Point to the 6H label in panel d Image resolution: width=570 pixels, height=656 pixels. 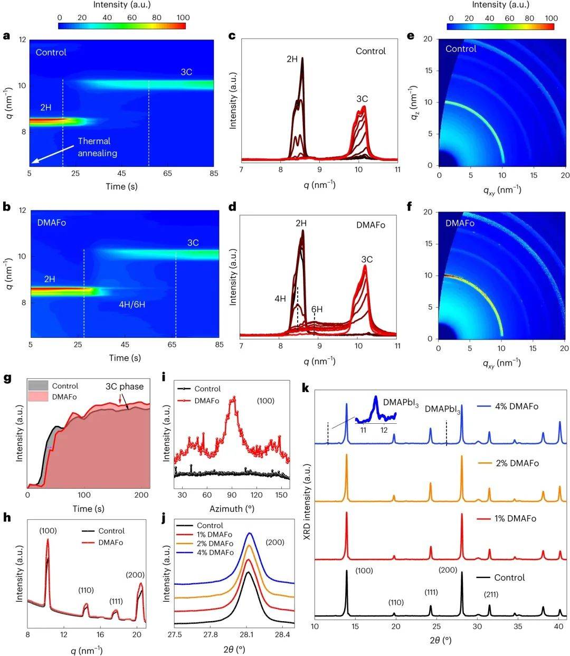coord(317,309)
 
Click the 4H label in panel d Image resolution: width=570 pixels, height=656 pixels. coord(280,298)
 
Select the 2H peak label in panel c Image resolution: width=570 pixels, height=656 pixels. coord(292,59)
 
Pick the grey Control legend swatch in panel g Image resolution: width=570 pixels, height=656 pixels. coord(38,386)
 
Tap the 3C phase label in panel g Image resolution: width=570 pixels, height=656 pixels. coord(125,386)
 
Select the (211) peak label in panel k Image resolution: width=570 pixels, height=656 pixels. coord(491,594)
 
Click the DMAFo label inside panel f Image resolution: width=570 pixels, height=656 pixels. coord(460,223)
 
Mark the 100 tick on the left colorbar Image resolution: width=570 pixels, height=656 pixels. coord(183,17)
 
